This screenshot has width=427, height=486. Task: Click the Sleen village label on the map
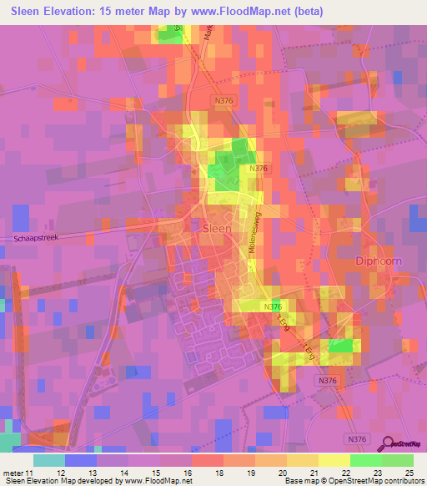[218, 226]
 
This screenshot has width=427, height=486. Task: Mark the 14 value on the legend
[128, 473]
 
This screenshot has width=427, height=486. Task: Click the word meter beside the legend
[13, 473]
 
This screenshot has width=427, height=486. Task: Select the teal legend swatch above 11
[49, 460]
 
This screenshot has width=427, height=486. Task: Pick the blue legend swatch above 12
[81, 460]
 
